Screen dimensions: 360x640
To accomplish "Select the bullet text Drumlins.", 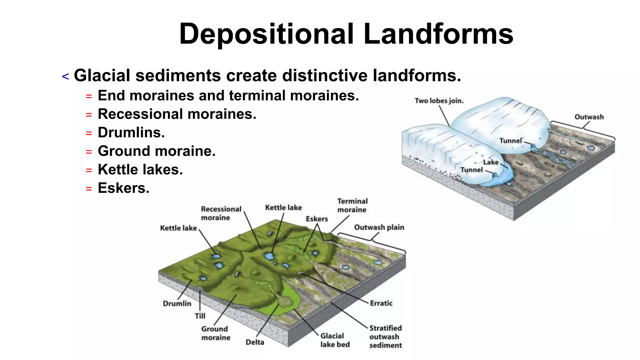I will pos(131,132).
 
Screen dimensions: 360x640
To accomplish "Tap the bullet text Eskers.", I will pos(123,188).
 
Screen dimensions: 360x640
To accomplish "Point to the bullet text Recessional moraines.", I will pos(177,114).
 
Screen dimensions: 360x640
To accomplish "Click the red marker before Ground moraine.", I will pos(89,152).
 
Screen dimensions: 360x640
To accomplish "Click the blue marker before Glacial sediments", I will pos(65,77).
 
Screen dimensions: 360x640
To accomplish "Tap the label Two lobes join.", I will pos(439,101).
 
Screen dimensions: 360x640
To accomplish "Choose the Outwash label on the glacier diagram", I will pos(589,117).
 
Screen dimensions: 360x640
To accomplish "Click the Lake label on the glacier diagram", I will pos(491,162).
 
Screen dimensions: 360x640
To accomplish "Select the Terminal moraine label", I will pos(352,205).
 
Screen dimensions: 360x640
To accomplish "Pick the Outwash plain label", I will pos(379,227).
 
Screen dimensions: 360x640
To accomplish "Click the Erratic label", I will pos(381,303).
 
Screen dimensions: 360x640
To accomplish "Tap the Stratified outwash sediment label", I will pos(385,337).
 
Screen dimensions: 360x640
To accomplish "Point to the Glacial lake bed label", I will pos(335,340).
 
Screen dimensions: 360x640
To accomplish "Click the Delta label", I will pos(255,342).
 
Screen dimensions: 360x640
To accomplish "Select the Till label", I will pos(200,316).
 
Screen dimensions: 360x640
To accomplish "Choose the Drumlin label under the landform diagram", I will pos(177,303).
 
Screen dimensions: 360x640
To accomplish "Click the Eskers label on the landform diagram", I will pos(317,219).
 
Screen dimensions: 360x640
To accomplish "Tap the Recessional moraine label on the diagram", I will pos(221,213).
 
